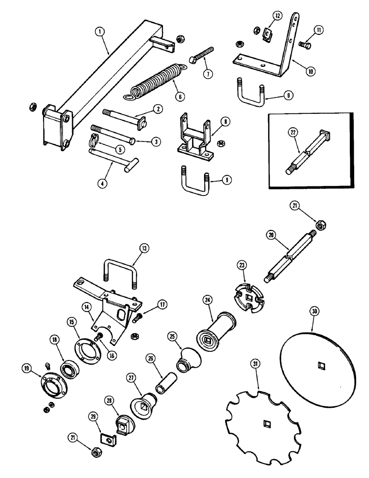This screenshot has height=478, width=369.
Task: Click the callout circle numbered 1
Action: point(99,32)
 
